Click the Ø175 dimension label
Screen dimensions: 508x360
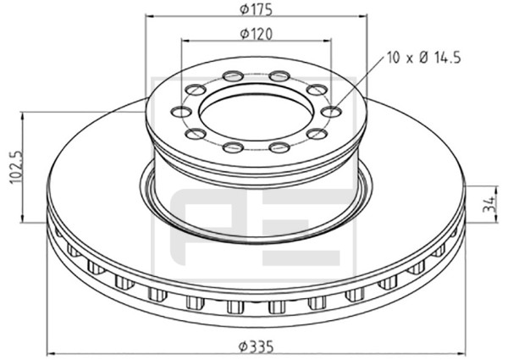pyautogui.click(x=256, y=9)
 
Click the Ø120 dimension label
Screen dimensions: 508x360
pyautogui.click(x=256, y=34)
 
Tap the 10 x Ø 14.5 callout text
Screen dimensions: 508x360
pyautogui.click(x=423, y=58)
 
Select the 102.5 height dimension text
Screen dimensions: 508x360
pyautogui.click(x=16, y=167)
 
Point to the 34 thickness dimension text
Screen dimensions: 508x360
pyautogui.click(x=489, y=204)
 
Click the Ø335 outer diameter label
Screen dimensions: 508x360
pyautogui.click(x=256, y=346)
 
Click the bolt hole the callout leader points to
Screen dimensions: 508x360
pyautogui.click(x=332, y=112)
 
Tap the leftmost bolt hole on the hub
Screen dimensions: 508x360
pyautogui.click(x=180, y=112)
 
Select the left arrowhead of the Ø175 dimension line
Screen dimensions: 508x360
pyautogui.click(x=149, y=15)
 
